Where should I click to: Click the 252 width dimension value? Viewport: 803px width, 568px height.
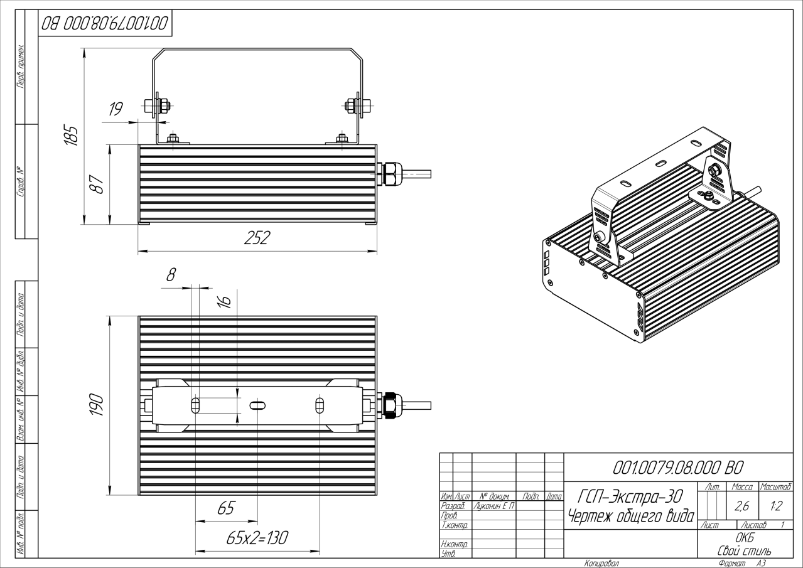(x=257, y=238)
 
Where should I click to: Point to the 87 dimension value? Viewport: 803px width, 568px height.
(x=97, y=186)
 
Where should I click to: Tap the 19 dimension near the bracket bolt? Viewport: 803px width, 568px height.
(x=116, y=110)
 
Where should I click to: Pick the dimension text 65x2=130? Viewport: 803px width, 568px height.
(x=257, y=538)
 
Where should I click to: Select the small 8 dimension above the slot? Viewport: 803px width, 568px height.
(x=171, y=274)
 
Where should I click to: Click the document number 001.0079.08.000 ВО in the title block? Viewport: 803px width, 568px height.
(x=678, y=467)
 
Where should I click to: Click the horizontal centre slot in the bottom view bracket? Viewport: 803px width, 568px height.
(x=257, y=405)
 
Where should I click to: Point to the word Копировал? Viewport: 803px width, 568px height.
(x=601, y=563)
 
